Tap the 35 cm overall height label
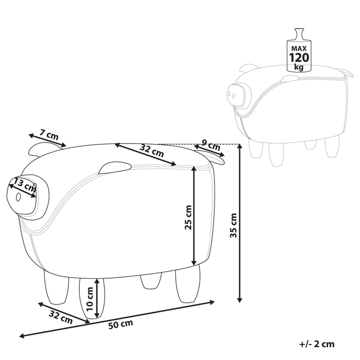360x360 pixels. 233,225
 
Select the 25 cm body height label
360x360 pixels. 188,217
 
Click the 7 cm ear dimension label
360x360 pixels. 49,135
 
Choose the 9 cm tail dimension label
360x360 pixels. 211,145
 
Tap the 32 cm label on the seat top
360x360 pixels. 152,151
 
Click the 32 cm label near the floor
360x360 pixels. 61,317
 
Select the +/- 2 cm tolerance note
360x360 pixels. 317,344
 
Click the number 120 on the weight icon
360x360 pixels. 299,58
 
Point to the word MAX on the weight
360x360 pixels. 299,48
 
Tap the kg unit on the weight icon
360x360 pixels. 299,67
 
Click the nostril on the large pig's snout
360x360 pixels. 18,197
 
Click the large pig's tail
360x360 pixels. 212,157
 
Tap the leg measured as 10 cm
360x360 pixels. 92,298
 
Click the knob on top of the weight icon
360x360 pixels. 299,34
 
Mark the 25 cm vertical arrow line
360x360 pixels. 194,215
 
